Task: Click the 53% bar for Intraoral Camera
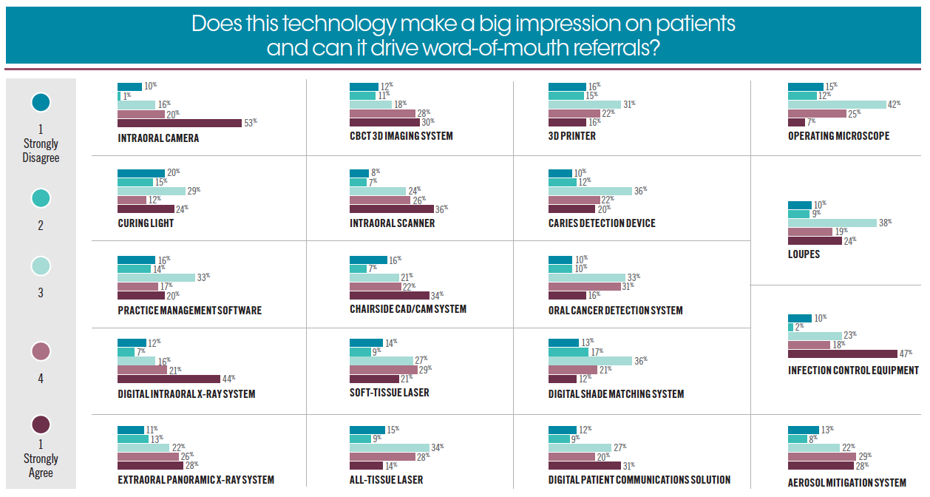[x=180, y=123]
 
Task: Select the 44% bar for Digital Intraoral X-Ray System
[x=169, y=379]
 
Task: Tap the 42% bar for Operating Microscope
[x=837, y=105]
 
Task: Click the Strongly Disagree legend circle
[x=41, y=102]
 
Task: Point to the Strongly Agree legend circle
[x=41, y=424]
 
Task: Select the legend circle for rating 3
[x=41, y=266]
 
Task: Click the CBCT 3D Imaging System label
[x=401, y=136]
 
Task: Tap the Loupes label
[x=804, y=254]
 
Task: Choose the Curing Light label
[x=146, y=223]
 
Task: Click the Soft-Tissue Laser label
[x=389, y=392]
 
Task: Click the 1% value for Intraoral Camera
[x=128, y=95]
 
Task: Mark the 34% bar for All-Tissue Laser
[x=389, y=447]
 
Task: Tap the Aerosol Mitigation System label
[x=846, y=483]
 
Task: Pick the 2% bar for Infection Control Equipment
[x=790, y=327]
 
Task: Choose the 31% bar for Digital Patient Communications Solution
[x=585, y=466]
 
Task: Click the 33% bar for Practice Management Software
[x=156, y=277]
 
